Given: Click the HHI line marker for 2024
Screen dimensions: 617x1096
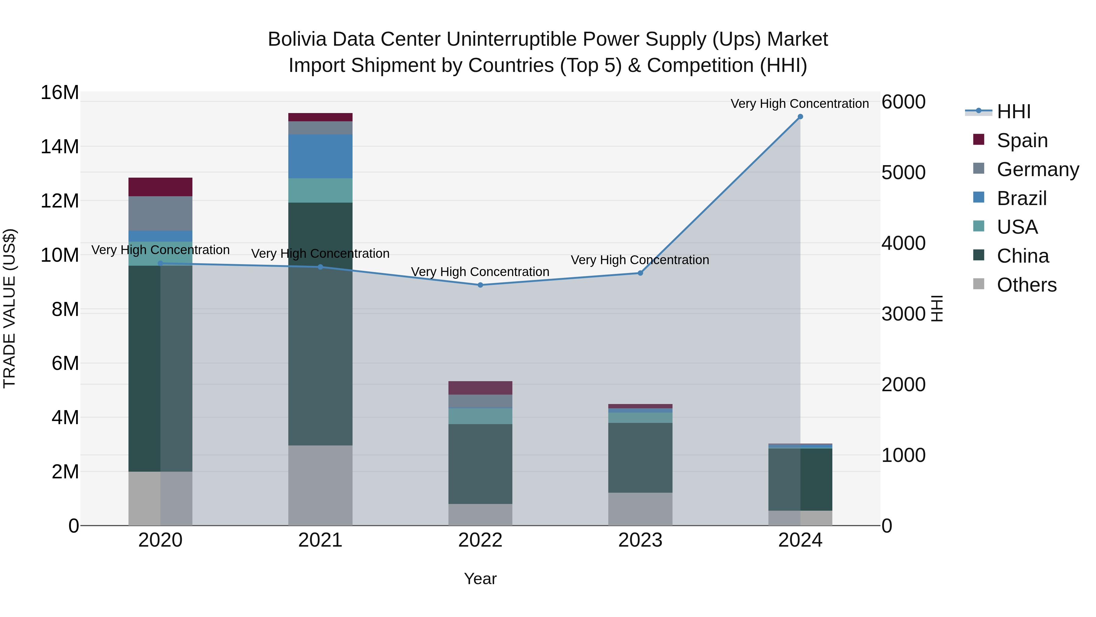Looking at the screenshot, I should tap(800, 117).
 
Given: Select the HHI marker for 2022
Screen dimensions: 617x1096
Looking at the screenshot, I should tap(480, 285).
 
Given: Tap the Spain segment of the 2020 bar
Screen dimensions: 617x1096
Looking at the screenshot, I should tap(160, 187).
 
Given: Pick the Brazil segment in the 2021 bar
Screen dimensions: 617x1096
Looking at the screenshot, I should tap(320, 156).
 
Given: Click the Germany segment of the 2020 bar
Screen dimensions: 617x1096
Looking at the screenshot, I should tap(160, 213).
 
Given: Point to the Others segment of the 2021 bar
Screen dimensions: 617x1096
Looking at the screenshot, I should tap(320, 485).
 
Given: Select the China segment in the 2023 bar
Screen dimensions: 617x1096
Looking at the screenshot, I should tap(640, 458).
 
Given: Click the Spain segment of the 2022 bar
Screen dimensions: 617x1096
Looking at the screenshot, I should tap(480, 388).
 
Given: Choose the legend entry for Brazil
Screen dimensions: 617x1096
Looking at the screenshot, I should tap(1021, 198).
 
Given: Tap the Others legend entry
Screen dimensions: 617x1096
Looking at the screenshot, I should tap(1026, 285).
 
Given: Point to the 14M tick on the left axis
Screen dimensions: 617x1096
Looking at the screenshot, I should tap(60, 147).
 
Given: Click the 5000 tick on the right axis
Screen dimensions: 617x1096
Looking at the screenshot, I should tap(903, 173).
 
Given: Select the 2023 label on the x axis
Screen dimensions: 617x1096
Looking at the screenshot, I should tap(640, 540).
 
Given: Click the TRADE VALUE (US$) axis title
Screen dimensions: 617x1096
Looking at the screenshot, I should tap(10, 308).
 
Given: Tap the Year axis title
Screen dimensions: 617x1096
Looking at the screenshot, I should tap(480, 579).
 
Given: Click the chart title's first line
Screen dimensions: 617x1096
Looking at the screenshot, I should tap(548, 39).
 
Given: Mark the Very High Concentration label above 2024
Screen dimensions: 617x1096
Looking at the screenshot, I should tap(799, 104).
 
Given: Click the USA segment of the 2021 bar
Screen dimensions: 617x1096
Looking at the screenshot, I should tap(320, 190).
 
